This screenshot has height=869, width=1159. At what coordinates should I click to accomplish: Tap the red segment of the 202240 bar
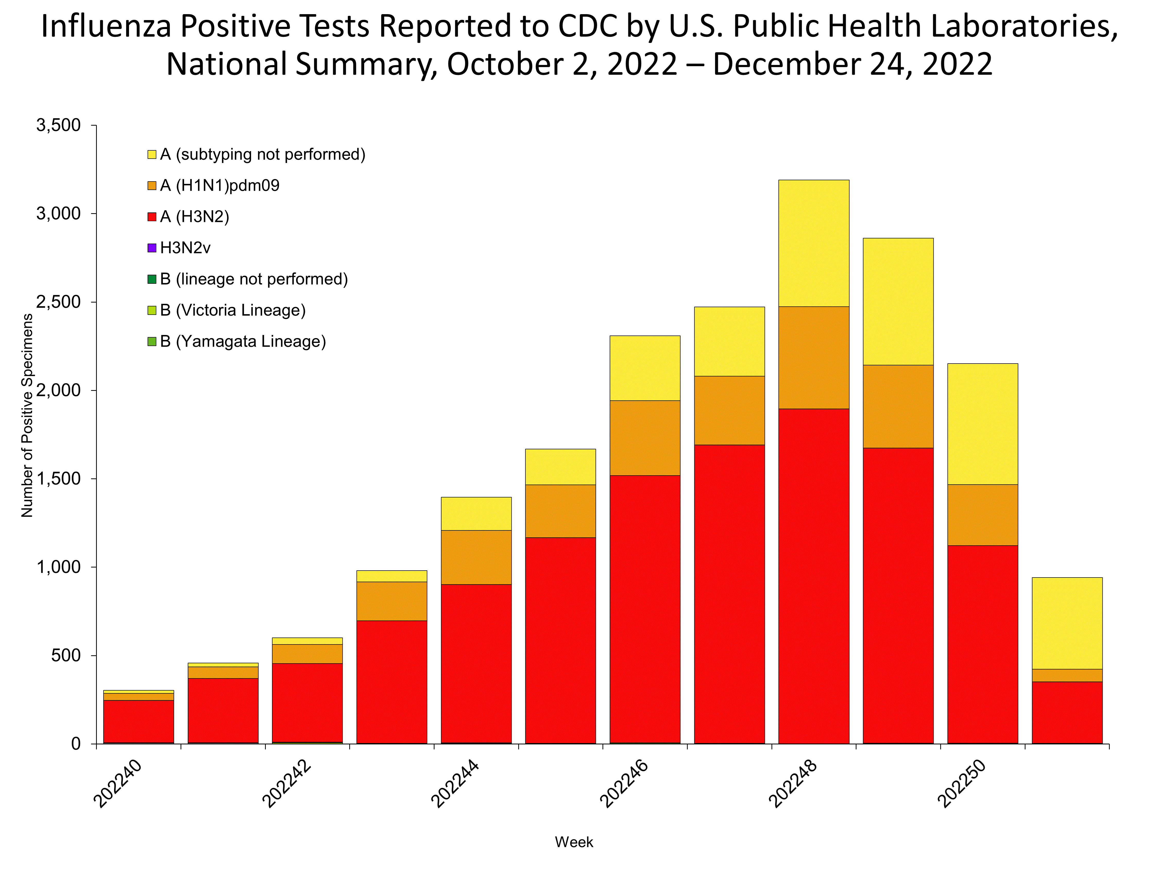(138, 721)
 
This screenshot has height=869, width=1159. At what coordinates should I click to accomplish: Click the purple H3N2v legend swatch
(152, 248)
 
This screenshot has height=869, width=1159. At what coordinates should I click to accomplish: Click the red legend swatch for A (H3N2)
(152, 217)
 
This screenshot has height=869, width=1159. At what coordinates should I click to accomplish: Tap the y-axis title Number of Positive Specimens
(27, 415)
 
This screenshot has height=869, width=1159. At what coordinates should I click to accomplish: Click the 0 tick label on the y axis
(76, 744)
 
